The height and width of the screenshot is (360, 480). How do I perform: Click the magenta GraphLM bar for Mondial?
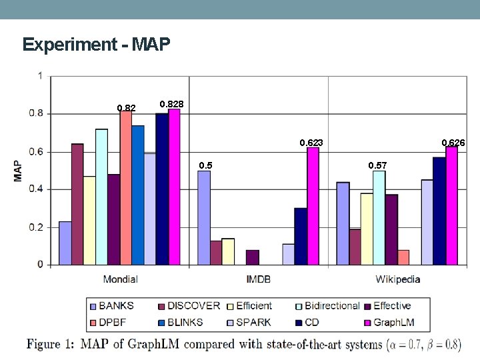point(174,187)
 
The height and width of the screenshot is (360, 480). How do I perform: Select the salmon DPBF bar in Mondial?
point(126,188)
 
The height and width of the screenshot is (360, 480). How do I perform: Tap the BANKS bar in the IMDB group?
point(204,217)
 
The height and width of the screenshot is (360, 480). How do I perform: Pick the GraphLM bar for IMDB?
point(313,206)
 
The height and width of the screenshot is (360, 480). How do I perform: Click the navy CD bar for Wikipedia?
point(439,211)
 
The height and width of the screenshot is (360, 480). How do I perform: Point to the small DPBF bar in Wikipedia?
point(403,257)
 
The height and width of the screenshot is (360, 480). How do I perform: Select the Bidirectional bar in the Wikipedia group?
point(379,217)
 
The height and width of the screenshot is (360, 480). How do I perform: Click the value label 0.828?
point(172,104)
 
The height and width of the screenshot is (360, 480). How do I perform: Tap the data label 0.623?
point(311,143)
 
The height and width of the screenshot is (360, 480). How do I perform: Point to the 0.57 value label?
point(377,165)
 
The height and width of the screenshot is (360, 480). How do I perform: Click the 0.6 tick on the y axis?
point(36,152)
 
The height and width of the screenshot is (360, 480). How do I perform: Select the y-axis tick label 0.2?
point(36,227)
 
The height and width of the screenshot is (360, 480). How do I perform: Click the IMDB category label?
point(259,279)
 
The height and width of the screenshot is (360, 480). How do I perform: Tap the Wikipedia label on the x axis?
point(397,279)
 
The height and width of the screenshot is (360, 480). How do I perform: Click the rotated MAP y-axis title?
point(18,171)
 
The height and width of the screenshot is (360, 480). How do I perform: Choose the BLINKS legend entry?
point(181,323)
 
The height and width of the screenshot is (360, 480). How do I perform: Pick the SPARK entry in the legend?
point(249,323)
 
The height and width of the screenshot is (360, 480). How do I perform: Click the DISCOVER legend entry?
point(189,306)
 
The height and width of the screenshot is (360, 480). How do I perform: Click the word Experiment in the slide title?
point(70,45)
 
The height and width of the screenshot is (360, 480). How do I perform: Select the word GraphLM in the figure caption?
point(153,344)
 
